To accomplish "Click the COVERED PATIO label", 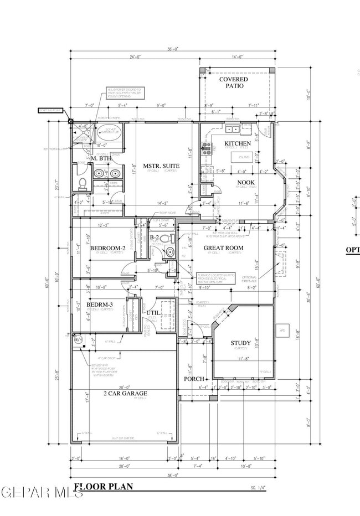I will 234,82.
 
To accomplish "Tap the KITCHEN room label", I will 237,143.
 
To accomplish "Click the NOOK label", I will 245,182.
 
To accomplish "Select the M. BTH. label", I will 103,159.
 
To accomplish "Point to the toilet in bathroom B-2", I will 170,251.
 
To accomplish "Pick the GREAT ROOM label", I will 223,247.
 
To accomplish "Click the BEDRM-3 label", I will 99,305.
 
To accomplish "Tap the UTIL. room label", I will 153,313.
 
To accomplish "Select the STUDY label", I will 240,343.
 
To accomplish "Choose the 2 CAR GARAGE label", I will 125,394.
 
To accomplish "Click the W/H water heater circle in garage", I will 79,339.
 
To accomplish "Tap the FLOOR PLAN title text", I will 104,487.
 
